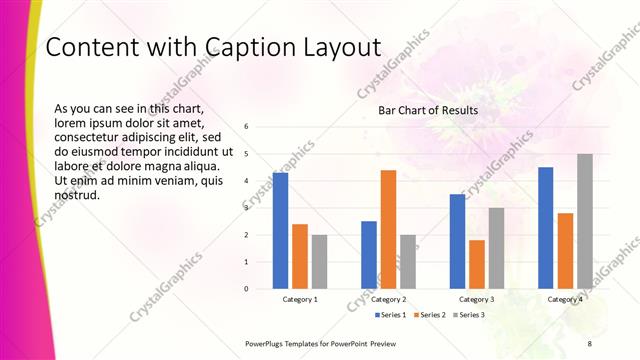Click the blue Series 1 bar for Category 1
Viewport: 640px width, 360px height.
(280, 231)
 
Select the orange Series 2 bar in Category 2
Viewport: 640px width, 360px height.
(388, 229)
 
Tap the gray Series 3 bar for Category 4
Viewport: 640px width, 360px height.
(585, 221)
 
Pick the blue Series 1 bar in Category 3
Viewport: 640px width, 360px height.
(457, 241)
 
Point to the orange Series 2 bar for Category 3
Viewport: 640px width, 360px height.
(476, 264)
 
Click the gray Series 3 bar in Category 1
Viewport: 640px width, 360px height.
(319, 262)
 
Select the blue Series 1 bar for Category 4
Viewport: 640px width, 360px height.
(545, 228)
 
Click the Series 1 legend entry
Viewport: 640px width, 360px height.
(388, 315)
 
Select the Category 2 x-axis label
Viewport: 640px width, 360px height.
(388, 299)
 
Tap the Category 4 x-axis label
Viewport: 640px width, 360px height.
(565, 299)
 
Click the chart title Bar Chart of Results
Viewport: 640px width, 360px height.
(427, 110)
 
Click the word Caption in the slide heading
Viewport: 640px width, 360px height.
(245, 47)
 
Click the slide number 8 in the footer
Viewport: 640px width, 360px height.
(589, 343)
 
